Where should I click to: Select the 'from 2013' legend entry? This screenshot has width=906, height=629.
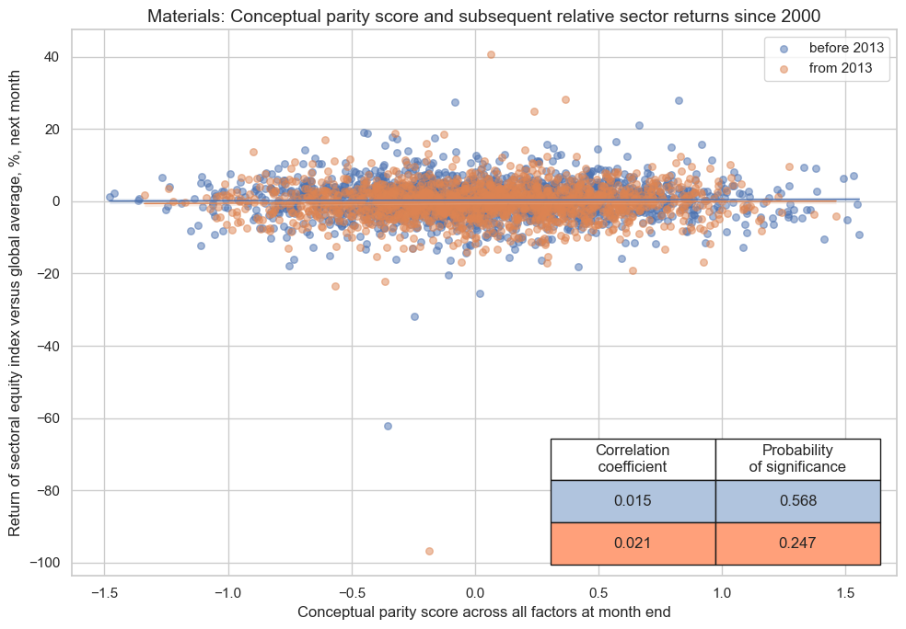pyautogui.click(x=837, y=67)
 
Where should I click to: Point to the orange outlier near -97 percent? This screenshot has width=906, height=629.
pyautogui.click(x=429, y=551)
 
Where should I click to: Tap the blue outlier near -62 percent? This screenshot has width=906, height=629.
pyautogui.click(x=388, y=426)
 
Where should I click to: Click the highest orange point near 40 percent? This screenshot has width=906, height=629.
pyautogui.click(x=491, y=55)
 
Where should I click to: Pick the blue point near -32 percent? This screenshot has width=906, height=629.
pyautogui.click(x=414, y=316)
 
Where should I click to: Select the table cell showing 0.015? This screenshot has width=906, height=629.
pyautogui.click(x=633, y=501)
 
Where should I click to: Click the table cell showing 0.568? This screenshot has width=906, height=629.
pyautogui.click(x=797, y=501)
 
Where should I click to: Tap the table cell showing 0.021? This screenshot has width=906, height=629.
pyautogui.click(x=633, y=543)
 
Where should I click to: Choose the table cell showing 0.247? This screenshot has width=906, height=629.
pyautogui.click(x=797, y=543)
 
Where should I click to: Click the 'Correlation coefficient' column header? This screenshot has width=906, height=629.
pyautogui.click(x=633, y=459)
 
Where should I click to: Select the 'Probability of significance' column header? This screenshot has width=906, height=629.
pyautogui.click(x=797, y=459)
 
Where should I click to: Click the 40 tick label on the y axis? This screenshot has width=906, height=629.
pyautogui.click(x=52, y=57)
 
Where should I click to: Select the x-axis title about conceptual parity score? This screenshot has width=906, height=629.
pyautogui.click(x=484, y=612)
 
